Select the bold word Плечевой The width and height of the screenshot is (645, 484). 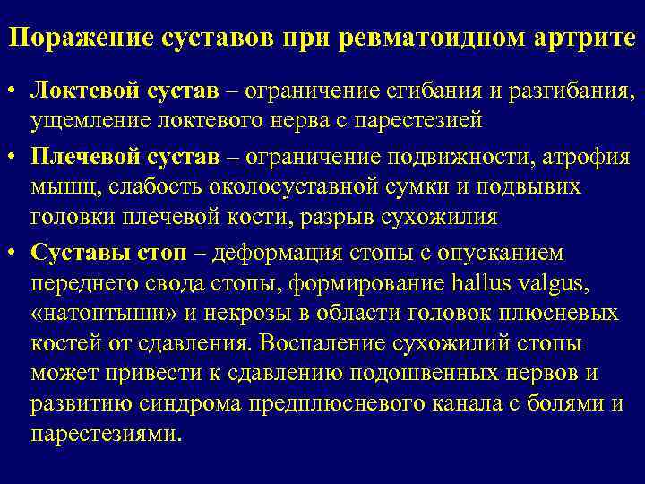80,159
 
